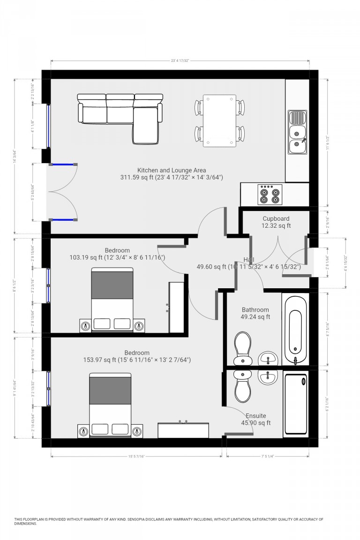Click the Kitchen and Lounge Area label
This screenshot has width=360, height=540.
[172, 170]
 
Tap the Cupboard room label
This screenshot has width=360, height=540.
[276, 218]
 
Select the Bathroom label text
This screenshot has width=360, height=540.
[255, 310]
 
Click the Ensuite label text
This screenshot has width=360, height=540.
[256, 416]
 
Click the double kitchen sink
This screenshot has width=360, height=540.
[297, 133]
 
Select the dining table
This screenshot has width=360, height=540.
[219, 121]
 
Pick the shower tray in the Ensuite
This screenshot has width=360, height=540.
[296, 404]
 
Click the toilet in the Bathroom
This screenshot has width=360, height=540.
[243, 347]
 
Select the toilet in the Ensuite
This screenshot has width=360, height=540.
[243, 385]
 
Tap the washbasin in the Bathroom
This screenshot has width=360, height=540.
[269, 360]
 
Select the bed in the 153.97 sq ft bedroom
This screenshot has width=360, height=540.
[110, 405]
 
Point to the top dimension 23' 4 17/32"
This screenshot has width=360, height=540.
[180, 60]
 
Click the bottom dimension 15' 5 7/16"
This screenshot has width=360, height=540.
[136, 456]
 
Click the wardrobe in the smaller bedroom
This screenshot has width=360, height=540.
[176, 307]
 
